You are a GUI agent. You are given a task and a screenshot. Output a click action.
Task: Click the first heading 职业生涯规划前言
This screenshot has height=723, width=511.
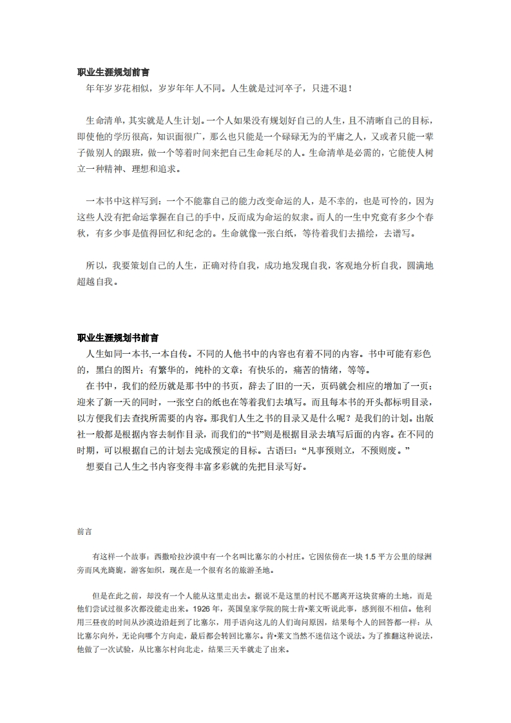tap(113, 73)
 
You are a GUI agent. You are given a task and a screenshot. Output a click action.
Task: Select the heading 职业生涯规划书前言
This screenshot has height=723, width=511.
tap(118, 338)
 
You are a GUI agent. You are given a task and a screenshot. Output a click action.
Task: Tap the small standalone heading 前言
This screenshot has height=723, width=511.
tap(84, 532)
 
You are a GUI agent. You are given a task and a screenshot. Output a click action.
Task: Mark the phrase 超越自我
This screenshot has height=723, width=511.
tap(95, 282)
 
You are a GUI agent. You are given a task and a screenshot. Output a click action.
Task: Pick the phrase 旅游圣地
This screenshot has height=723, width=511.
tap(251, 570)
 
